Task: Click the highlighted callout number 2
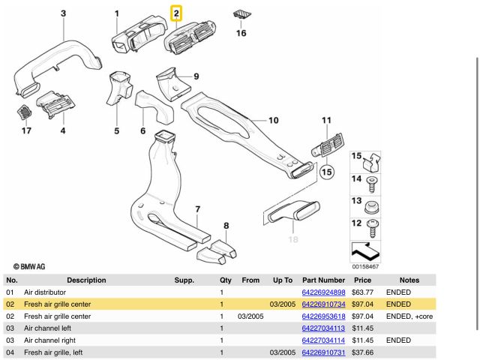click(x=175, y=13)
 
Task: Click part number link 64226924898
click(x=323, y=292)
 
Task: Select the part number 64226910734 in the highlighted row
click(x=323, y=304)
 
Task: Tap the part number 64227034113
click(x=323, y=328)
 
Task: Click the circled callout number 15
click(x=326, y=172)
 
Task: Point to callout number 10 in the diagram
click(x=273, y=120)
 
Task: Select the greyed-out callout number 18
click(x=292, y=239)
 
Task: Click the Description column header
click(x=86, y=280)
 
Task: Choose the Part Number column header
click(x=323, y=280)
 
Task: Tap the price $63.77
click(x=363, y=292)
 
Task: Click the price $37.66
click(x=363, y=352)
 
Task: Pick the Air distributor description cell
click(x=45, y=292)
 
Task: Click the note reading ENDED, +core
click(x=409, y=316)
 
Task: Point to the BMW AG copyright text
click(x=30, y=266)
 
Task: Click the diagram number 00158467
click(x=365, y=266)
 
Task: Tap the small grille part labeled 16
click(x=241, y=15)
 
